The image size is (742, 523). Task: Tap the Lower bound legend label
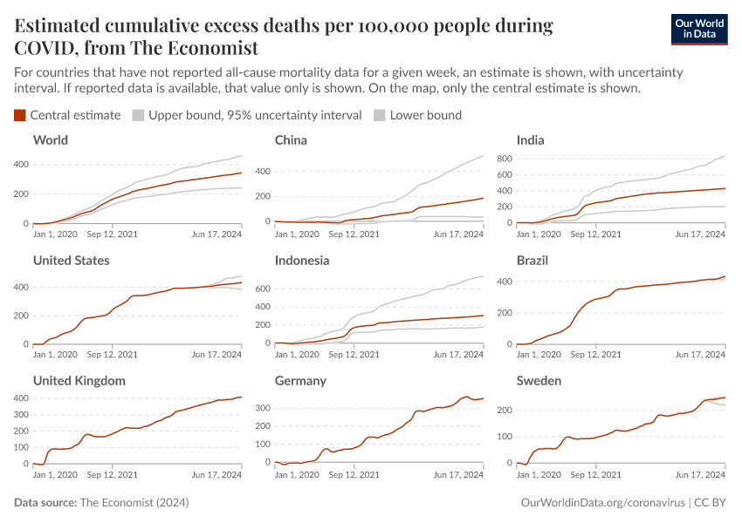click(x=425, y=115)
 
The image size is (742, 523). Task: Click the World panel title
click(x=50, y=140)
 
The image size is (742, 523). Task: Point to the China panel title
click(x=291, y=140)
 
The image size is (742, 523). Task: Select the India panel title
click(x=531, y=140)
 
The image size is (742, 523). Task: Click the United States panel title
click(x=71, y=261)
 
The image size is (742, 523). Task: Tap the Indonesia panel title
click(x=302, y=261)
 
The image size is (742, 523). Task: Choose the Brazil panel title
click(x=533, y=261)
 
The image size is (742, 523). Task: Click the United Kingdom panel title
click(x=79, y=381)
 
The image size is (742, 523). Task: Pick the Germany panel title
click(x=300, y=381)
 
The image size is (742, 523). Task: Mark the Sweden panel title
click(x=539, y=381)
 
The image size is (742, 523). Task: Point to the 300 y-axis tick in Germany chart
click(x=260, y=407)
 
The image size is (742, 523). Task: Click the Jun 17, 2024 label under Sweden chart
click(x=700, y=475)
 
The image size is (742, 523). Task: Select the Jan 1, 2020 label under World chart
click(x=54, y=234)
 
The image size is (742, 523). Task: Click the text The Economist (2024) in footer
click(x=134, y=503)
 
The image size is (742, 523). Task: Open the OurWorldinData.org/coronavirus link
click(x=601, y=503)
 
